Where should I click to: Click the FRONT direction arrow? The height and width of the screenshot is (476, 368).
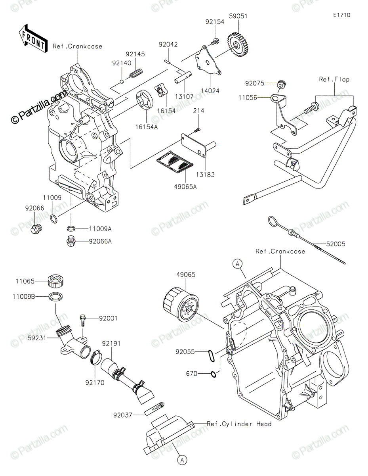[33, 38]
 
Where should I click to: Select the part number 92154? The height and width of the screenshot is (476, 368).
[215, 21]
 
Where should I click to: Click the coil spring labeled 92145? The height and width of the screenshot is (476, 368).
[136, 73]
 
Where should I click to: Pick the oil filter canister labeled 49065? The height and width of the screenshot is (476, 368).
[181, 305]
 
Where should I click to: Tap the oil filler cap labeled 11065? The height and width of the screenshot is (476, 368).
[56, 281]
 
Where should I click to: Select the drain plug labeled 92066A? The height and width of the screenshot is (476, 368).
[71, 241]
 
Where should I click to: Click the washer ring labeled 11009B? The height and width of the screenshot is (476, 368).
[55, 297]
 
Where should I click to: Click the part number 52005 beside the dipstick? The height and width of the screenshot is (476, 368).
[336, 244]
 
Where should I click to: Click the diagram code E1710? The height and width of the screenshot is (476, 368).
[342, 15]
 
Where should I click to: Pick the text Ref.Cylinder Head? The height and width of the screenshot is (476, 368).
[239, 424]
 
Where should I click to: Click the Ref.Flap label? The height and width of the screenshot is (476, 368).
[334, 79]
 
